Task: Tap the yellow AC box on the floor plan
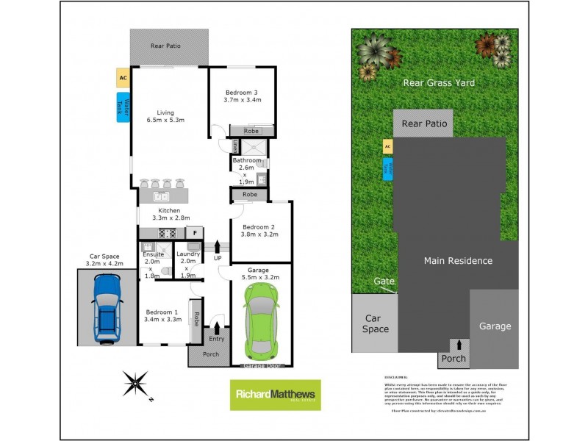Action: [x=123, y=77]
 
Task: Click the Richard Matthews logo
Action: [x=276, y=395]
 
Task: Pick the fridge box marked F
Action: [x=195, y=233]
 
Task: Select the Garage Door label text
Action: [x=262, y=365]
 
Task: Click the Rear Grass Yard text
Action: [x=439, y=83]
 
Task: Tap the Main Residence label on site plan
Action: [x=457, y=260]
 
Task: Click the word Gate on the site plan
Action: [x=384, y=282]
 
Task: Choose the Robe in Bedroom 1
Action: [x=196, y=320]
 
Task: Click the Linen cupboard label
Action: [x=226, y=146]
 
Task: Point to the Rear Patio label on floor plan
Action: [x=166, y=46]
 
